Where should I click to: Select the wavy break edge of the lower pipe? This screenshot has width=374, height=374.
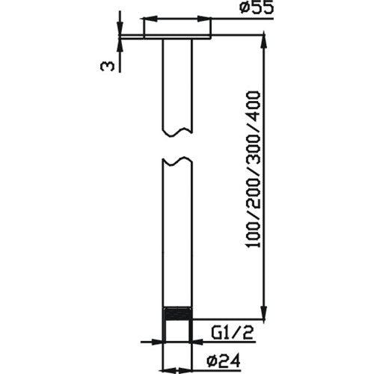(177, 161)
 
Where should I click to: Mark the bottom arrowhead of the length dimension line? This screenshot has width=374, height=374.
(263, 317)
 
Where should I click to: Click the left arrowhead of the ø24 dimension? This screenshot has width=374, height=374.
(159, 343)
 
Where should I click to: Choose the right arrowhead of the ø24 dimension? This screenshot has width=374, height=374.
(197, 343)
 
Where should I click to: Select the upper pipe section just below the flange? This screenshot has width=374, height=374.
(177, 82)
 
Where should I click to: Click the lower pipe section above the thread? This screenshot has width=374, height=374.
(177, 239)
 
